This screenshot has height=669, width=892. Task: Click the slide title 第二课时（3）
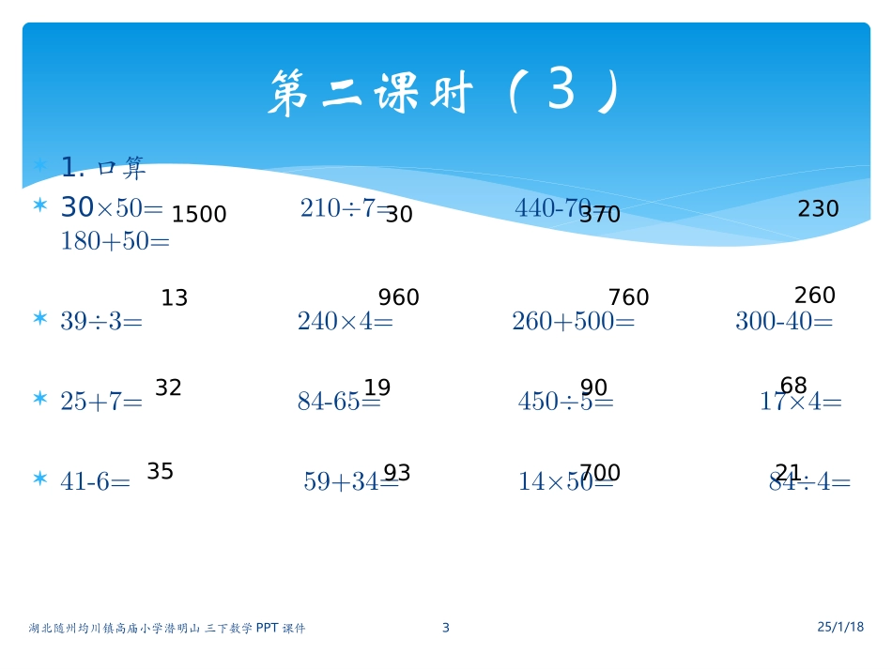pos(445,95)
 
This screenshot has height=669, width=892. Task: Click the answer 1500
pos(199,215)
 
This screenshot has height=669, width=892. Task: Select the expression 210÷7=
pos(344,208)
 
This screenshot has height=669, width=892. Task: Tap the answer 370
pos(600,215)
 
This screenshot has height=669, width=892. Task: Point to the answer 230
pos(818,209)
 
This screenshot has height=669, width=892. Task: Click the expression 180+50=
pos(115,241)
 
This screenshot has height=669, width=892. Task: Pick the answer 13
pos(175,298)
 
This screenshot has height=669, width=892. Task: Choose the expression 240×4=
pos(345,322)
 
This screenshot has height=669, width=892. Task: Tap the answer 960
pos(398,298)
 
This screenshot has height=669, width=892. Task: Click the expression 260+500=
pos(573,322)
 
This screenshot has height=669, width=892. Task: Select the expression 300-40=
pos(784,322)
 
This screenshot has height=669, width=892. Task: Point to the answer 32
pos(168,388)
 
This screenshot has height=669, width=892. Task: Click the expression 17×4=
pos(800,403)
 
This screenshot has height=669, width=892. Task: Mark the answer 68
pos(793,386)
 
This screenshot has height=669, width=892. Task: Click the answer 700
pos(599,473)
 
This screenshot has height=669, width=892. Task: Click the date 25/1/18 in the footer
pos(840,626)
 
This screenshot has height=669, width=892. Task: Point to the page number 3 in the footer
pos(446,628)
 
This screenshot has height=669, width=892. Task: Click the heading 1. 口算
pos(103,168)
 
